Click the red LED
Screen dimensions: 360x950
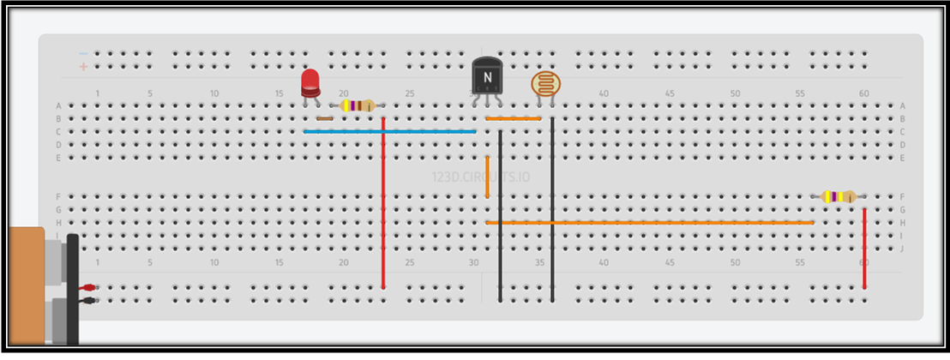[x=310, y=83]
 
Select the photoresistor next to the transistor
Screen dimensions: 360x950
[x=542, y=83]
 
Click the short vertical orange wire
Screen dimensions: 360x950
[x=487, y=177]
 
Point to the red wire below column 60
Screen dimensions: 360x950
[x=864, y=249]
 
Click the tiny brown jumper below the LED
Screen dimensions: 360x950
[x=325, y=118]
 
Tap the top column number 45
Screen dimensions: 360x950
[x=670, y=93]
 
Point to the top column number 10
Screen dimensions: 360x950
[x=213, y=93]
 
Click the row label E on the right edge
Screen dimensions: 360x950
[x=902, y=158]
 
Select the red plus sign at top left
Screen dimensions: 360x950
[x=83, y=65]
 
